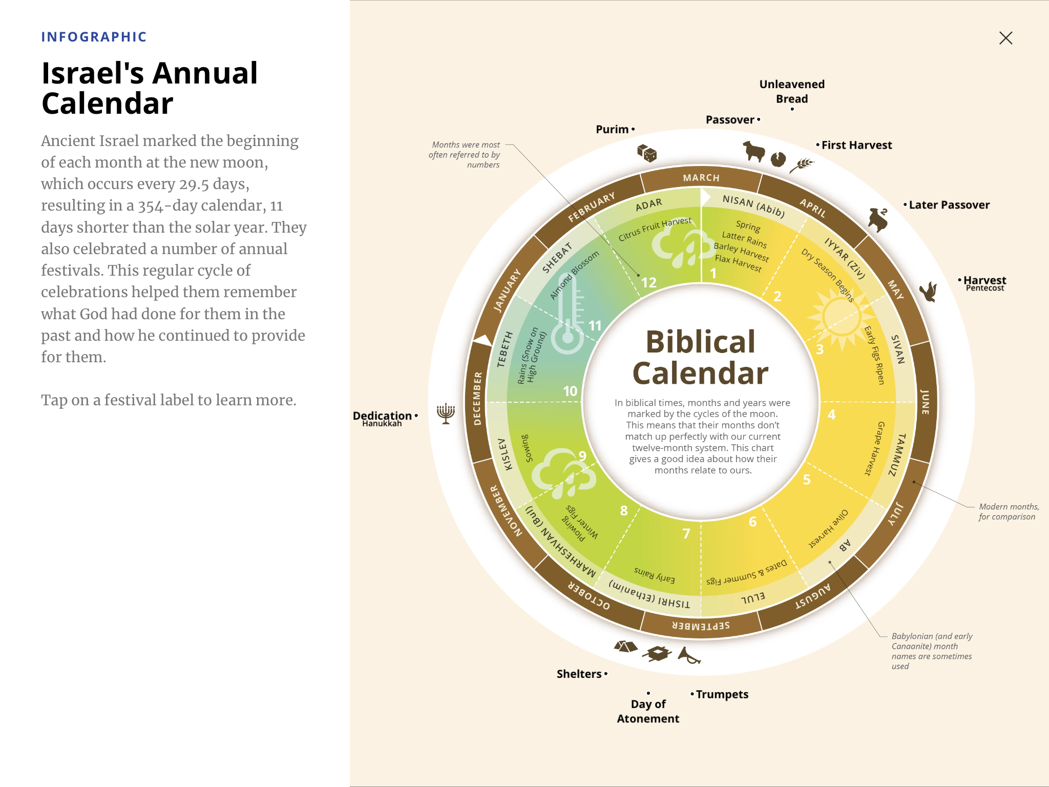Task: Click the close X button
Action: [x=1005, y=38]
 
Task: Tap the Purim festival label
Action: [x=612, y=129]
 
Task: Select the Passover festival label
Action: [x=730, y=120]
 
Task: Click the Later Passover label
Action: [x=949, y=205]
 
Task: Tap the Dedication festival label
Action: [x=382, y=416]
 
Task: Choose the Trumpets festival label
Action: [x=722, y=694]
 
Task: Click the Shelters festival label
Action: [x=579, y=674]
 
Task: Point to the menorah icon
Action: [x=446, y=413]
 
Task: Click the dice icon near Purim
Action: [x=646, y=153]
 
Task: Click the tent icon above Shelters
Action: [x=625, y=647]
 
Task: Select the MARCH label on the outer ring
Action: [x=701, y=178]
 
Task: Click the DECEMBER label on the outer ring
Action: [x=477, y=399]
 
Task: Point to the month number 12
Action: [x=648, y=282]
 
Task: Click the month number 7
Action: [x=686, y=533]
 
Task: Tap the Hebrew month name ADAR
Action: [x=648, y=204]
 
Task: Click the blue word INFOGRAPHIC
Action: [x=94, y=37]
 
